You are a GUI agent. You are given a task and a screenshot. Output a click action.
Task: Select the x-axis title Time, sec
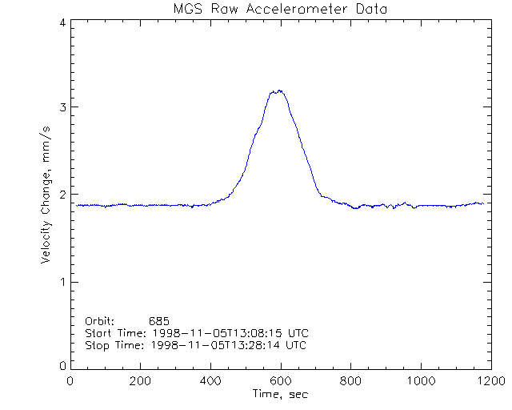[279, 394]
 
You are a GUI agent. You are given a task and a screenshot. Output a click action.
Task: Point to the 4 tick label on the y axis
[62, 23]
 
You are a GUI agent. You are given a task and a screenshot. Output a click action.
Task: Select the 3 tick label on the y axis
[62, 107]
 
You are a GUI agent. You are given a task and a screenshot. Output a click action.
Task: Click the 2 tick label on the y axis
[62, 195]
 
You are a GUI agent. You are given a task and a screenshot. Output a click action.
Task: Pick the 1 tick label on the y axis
[62, 282]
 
